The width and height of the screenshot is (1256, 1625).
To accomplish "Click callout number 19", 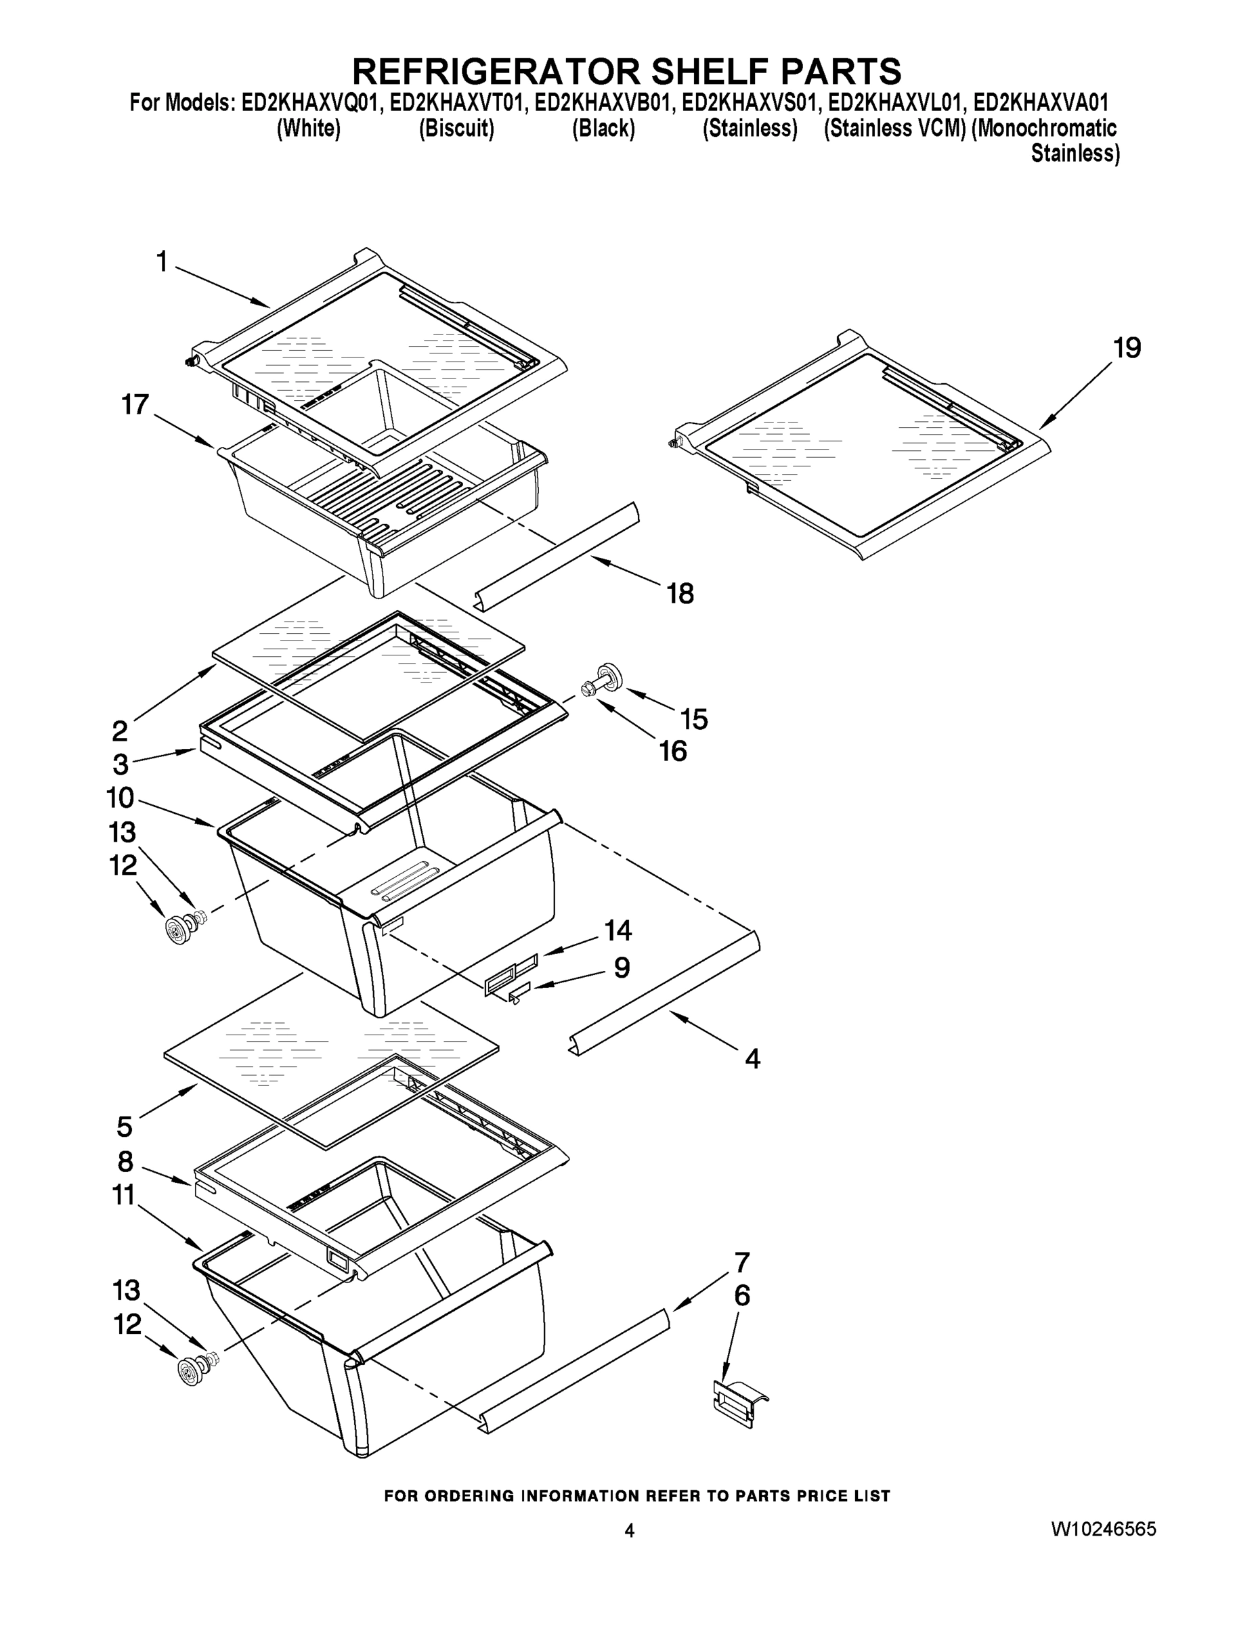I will (x=1127, y=348).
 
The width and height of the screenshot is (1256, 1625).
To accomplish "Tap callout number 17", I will (x=135, y=405).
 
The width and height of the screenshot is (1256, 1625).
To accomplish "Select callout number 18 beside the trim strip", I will (x=680, y=594).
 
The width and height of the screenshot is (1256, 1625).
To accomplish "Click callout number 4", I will (x=752, y=1059).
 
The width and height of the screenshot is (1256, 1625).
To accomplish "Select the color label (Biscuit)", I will (x=456, y=129).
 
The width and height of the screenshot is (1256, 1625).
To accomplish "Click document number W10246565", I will (x=1103, y=1529).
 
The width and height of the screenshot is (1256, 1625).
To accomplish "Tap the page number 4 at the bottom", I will (x=630, y=1530).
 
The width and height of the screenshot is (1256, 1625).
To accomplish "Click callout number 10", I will (x=120, y=798).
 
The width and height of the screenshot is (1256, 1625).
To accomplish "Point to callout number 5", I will (x=125, y=1127).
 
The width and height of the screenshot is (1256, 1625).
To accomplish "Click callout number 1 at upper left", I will (x=161, y=262).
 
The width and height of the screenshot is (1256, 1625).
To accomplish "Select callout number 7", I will (x=742, y=1263).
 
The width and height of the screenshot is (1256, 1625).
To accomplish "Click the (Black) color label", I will (x=603, y=129).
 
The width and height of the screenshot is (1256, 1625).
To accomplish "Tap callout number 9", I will (x=622, y=968).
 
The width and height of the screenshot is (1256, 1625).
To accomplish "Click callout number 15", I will (x=693, y=719).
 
